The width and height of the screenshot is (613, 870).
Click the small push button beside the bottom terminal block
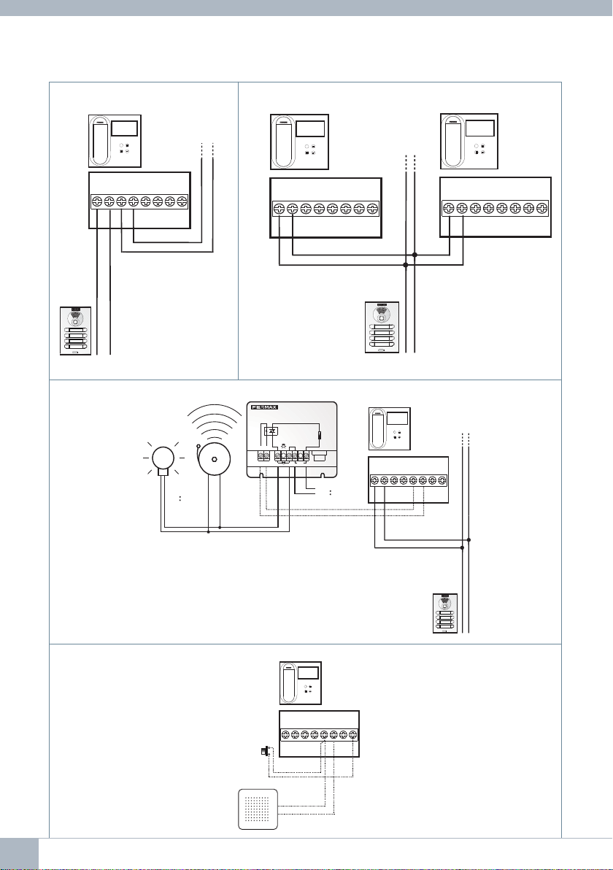pyautogui.click(x=264, y=752)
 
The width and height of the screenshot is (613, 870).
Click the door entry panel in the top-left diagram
pyautogui.click(x=75, y=331)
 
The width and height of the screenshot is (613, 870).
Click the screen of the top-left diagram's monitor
pyautogui.click(x=125, y=129)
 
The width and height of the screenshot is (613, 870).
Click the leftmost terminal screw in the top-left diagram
pyautogui.click(x=96, y=201)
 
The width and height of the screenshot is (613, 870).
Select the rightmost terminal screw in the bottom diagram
pyautogui.click(x=352, y=734)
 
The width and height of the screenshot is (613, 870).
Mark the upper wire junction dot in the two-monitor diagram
pyautogui.click(x=415, y=255)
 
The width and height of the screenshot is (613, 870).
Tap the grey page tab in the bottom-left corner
pyautogui.click(x=19, y=853)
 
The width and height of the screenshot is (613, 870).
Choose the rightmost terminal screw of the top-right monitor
pyautogui.click(x=541, y=208)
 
